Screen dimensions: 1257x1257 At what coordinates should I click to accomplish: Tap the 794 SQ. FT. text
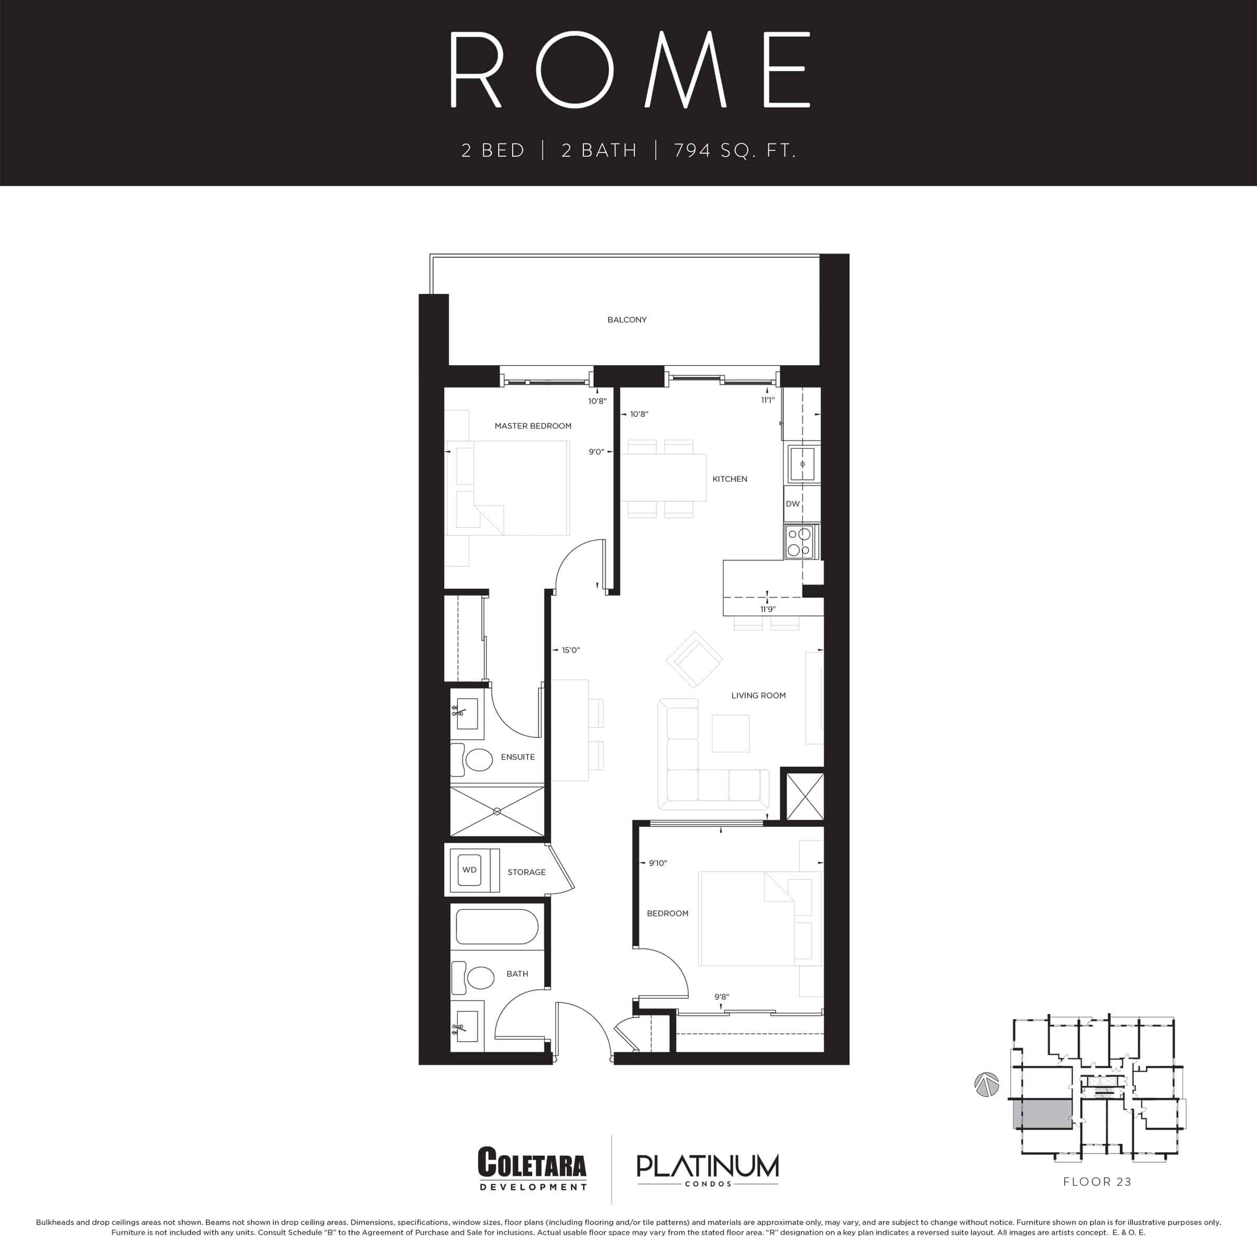point(734,151)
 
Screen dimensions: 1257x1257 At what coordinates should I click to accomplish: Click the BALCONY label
point(626,319)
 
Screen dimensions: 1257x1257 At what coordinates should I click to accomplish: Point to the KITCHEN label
point(730,479)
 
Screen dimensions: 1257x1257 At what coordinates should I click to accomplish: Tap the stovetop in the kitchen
point(800,542)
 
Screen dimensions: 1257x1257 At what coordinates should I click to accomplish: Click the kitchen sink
point(802,464)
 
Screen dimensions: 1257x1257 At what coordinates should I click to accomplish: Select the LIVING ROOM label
point(758,696)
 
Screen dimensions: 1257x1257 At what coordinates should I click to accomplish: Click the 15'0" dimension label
point(570,650)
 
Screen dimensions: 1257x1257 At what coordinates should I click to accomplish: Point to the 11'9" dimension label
point(768,609)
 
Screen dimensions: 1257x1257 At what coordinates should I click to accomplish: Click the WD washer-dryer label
point(469,870)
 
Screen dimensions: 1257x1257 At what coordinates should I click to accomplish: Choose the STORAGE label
point(526,872)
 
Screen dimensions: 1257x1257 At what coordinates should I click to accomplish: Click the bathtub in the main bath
point(497,927)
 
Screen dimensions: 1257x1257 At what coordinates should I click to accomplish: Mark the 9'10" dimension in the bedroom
point(658,863)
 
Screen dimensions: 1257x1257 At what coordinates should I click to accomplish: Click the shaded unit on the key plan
point(1042,1115)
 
